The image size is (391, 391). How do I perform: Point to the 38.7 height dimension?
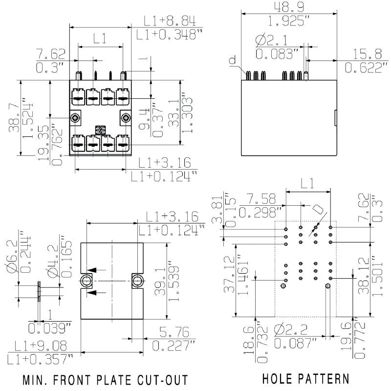[x=14, y=117]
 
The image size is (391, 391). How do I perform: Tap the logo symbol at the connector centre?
[x=101, y=130]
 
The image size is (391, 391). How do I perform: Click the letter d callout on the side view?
[x=233, y=61]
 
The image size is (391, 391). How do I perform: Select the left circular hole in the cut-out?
[x=87, y=281]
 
